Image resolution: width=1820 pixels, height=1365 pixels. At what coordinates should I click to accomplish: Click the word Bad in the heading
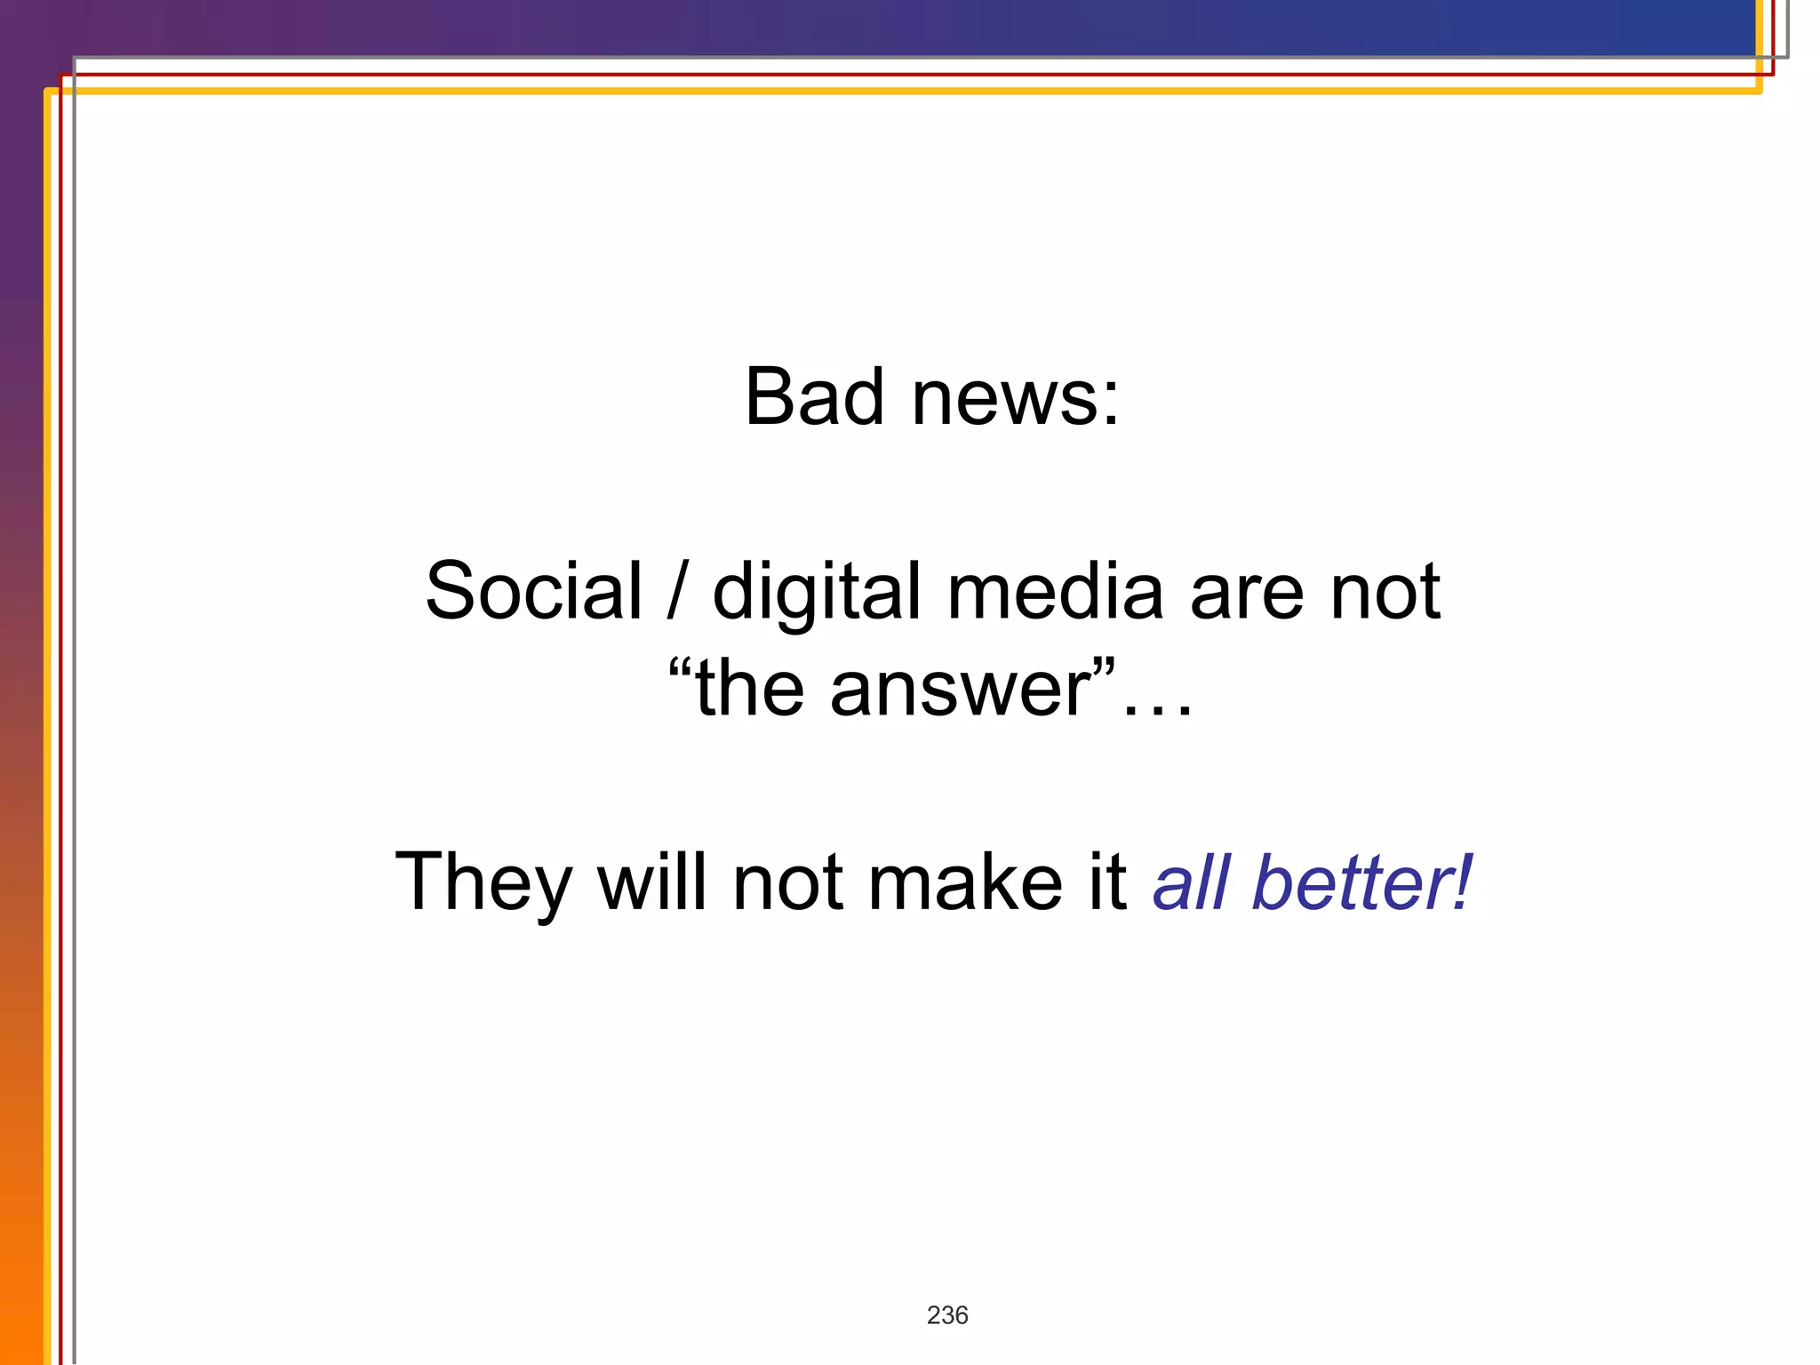pos(814,397)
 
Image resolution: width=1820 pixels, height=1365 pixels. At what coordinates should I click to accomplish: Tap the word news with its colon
pos(1016,397)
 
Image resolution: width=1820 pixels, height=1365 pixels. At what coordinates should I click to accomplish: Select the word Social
pos(533,591)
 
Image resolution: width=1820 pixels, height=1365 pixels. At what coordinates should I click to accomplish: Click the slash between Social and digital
pos(676,591)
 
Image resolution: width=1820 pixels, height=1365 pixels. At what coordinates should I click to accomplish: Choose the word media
pos(1055,591)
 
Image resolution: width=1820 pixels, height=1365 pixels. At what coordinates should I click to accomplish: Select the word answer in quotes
pos(961,690)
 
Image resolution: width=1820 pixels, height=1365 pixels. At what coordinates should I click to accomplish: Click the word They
pos(483,882)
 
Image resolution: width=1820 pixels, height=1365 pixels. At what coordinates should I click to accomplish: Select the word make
pos(964,882)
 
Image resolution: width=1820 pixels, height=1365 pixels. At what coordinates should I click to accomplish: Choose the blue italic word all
pos(1192,882)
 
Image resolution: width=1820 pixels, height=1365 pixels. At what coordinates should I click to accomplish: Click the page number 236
pos(947,1315)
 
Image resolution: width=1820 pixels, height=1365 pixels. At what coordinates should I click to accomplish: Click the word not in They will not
pos(787,883)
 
